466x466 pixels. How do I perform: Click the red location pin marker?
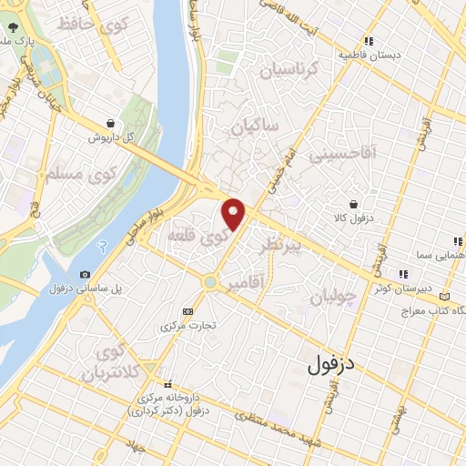click(x=235, y=213)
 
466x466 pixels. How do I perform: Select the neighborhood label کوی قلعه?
click(x=197, y=238)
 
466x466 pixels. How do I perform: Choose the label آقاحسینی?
click(x=342, y=156)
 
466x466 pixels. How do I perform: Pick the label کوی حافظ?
click(x=87, y=25)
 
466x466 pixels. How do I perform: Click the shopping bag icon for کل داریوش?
click(x=110, y=123)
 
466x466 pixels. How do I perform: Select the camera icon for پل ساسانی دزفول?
click(x=85, y=275)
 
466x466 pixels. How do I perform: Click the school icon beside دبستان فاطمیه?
click(x=369, y=41)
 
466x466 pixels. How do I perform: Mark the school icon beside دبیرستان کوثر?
click(x=401, y=274)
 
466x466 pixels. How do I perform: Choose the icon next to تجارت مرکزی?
click(x=187, y=310)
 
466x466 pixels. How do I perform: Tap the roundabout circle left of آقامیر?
click(x=210, y=283)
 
